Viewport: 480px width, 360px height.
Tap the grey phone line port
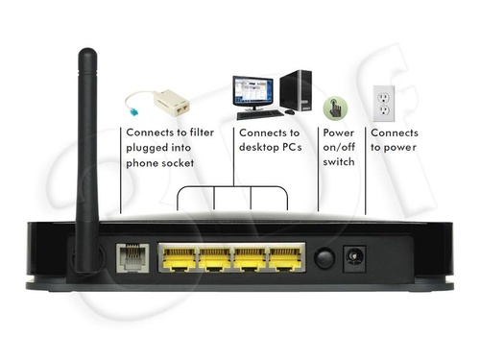pos(132,257)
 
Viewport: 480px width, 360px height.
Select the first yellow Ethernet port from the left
pos(179,257)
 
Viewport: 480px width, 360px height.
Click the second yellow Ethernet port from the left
pos(216,257)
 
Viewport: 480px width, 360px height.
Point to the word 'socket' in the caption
pos(177,162)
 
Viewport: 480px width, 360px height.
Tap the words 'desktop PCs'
pos(269,148)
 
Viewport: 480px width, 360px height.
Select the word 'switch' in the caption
pos(339,162)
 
